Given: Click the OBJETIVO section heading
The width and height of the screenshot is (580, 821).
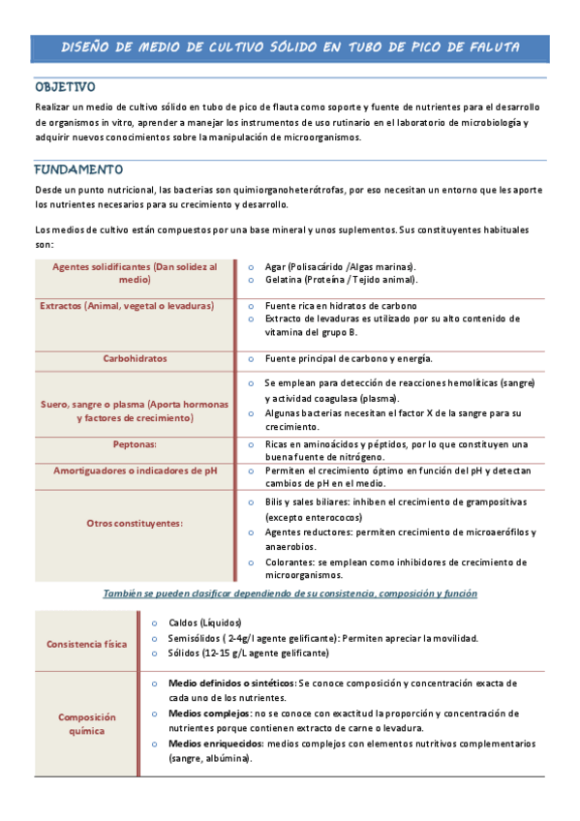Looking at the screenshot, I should pyautogui.click(x=65, y=86).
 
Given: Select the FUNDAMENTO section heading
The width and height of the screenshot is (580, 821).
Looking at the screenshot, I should pyautogui.click(x=78, y=168).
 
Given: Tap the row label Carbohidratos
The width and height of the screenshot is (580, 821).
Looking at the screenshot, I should pyautogui.click(x=135, y=358).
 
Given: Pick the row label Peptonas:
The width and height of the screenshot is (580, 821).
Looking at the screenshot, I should pyautogui.click(x=135, y=443).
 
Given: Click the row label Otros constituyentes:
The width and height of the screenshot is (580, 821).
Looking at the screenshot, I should pyautogui.click(x=135, y=523).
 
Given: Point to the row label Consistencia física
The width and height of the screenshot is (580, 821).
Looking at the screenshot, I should pyautogui.click(x=86, y=644).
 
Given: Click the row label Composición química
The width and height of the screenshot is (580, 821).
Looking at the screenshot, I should pyautogui.click(x=86, y=724).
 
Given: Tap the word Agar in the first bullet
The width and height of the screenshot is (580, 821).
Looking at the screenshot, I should pyautogui.click(x=276, y=266).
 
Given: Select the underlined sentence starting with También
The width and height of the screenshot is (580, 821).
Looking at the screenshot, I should pyautogui.click(x=290, y=593).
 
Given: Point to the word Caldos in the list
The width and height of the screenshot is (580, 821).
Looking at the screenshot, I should pyautogui.click(x=184, y=623).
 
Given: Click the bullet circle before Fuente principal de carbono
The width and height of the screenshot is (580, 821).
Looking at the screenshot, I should pyautogui.click(x=250, y=359).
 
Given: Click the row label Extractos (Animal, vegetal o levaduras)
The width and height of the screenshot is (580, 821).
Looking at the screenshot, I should pyautogui.click(x=127, y=306).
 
